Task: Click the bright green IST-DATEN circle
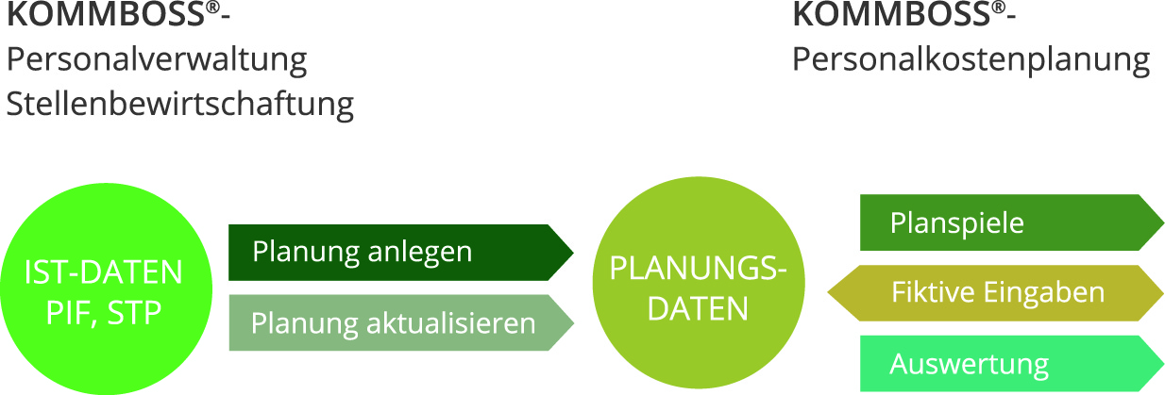pyautogui.click(x=103, y=292)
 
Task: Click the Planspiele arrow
pyautogui.click(x=1010, y=222)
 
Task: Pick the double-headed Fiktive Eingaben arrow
pyautogui.click(x=996, y=292)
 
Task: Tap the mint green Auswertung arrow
pyautogui.click(x=1010, y=364)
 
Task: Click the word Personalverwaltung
pyautogui.click(x=157, y=60)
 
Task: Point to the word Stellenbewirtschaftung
pyautogui.click(x=179, y=104)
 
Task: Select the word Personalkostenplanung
pyautogui.click(x=971, y=60)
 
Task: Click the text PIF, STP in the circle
pyautogui.click(x=103, y=313)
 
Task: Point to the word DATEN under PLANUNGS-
pyautogui.click(x=698, y=308)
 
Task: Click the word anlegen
pyautogui.click(x=419, y=253)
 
